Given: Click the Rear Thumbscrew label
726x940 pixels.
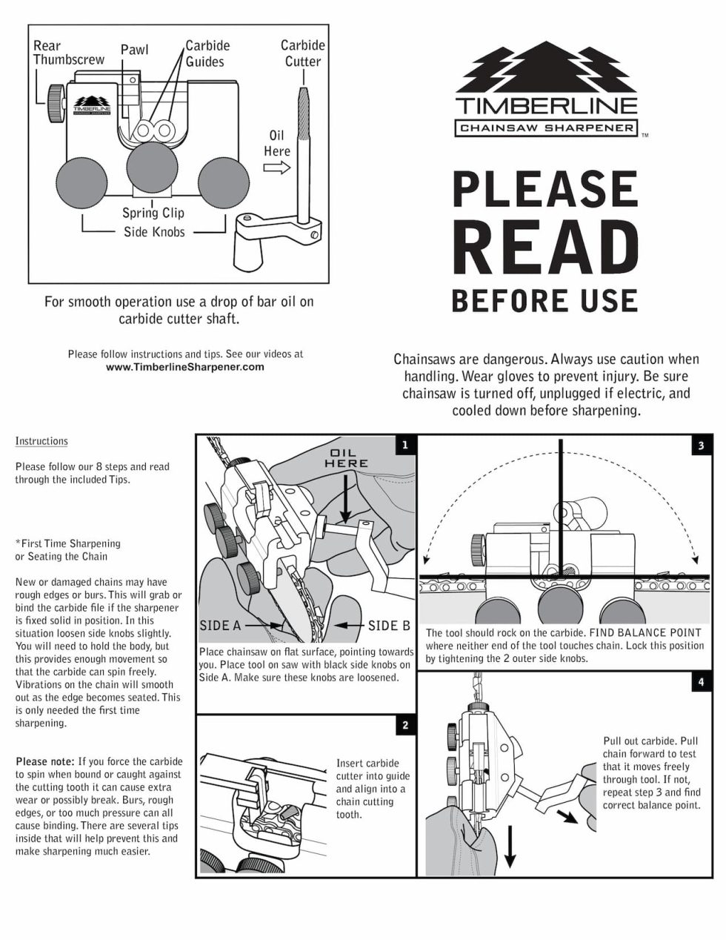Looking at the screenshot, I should coord(68,53).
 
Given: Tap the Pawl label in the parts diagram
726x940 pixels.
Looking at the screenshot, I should coord(134,50).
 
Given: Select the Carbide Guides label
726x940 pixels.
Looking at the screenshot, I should coord(207,53).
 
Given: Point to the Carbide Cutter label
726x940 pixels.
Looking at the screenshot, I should coord(302,53).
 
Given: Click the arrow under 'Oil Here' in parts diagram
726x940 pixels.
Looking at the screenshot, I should coord(277,168).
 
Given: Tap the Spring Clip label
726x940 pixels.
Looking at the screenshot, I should coord(153,213).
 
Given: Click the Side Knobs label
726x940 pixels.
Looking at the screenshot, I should coord(153,232).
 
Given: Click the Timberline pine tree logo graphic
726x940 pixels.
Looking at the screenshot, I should coord(545,67).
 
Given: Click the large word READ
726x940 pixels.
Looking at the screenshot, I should coord(545,247).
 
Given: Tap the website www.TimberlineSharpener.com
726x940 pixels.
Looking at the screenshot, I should coord(184,367).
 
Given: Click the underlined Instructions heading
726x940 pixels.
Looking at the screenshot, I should coord(41,441).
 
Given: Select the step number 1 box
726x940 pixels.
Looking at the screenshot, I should coord(404,445).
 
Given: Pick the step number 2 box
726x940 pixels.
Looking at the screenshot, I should coord(404,725).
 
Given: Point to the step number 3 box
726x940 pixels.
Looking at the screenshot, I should coord(701,446).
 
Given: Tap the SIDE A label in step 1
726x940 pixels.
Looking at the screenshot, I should coord(220,626).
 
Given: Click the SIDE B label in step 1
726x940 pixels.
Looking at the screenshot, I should coord(389,626).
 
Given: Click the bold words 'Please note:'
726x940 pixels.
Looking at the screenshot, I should coord(44,761).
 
